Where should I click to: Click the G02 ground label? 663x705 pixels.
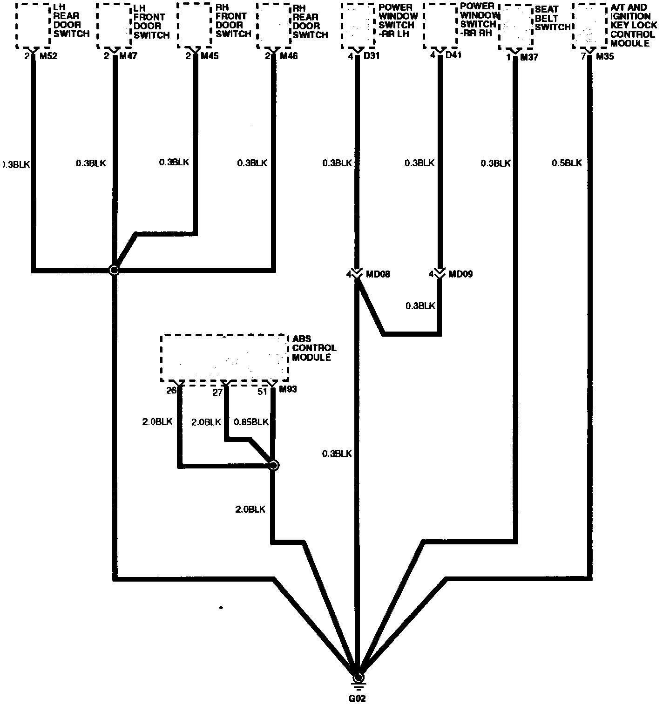point(358,698)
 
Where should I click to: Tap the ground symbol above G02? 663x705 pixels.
point(358,683)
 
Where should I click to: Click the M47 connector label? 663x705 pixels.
point(129,56)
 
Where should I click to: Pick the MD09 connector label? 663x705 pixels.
point(460,274)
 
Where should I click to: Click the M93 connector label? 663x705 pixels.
point(287,389)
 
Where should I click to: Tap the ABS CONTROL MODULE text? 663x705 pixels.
point(314,348)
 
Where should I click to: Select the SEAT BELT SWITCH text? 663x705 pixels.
point(552,18)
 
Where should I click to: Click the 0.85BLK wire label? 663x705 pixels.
point(250,422)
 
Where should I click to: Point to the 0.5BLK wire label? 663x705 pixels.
point(567,163)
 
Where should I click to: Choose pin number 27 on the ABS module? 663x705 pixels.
point(217,392)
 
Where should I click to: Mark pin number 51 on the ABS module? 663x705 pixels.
point(263,391)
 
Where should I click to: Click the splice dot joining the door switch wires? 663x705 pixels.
point(114,270)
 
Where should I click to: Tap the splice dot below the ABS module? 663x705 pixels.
point(274,465)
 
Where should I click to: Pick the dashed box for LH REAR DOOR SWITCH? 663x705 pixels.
point(34,25)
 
